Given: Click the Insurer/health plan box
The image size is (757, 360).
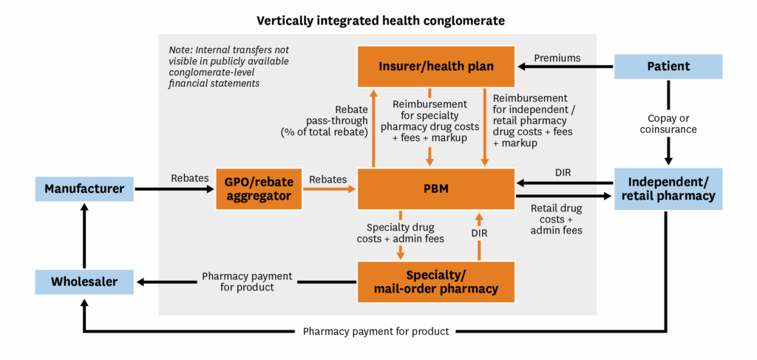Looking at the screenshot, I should [x=436, y=67].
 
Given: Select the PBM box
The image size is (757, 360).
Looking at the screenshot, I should [x=436, y=189].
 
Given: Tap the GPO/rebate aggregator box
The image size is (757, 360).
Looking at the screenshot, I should [x=254, y=189].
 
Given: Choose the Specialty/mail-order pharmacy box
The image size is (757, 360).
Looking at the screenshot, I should [x=436, y=282].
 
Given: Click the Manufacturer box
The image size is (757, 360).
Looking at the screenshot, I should [x=85, y=189].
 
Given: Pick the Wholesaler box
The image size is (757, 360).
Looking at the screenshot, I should [x=85, y=281].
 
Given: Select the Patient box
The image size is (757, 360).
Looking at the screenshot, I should [x=668, y=67].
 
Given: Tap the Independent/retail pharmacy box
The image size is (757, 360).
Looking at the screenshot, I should [x=668, y=189].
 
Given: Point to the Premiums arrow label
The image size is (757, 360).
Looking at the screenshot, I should [x=557, y=58].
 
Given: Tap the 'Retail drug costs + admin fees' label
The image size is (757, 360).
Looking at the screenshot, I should [x=556, y=219].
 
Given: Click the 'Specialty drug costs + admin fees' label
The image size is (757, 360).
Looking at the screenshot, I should [x=401, y=231].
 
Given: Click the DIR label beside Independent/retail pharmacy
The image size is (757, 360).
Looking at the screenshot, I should [x=562, y=171].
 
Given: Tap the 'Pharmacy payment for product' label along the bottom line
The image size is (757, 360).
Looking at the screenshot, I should [x=376, y=331].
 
